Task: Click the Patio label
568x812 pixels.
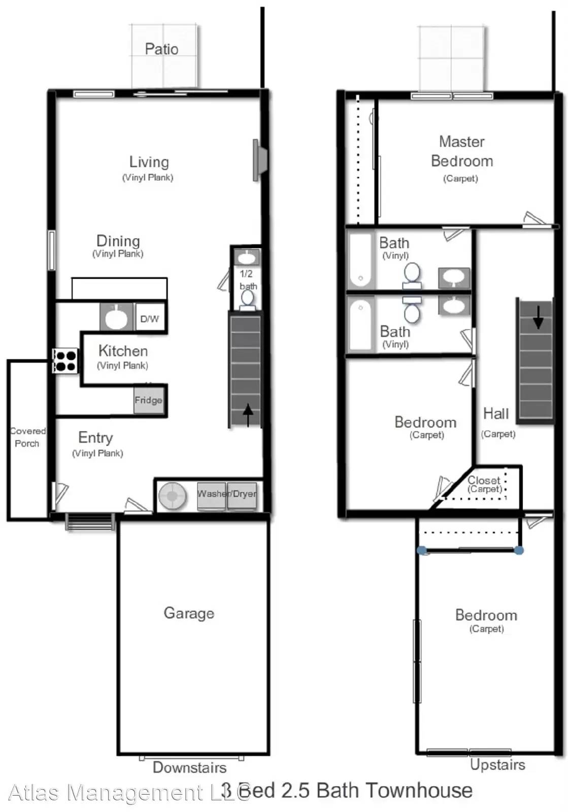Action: [161, 49]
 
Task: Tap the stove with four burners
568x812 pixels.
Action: [65, 361]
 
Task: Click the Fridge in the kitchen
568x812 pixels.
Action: [149, 400]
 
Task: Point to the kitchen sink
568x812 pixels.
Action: [117, 317]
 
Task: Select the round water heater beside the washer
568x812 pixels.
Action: [173, 495]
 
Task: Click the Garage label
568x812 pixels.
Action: [189, 613]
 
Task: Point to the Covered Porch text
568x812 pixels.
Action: [27, 437]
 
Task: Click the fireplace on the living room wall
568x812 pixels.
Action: [259, 160]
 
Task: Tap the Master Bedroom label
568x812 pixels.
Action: [461, 151]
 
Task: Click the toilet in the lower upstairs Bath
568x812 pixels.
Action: [412, 311]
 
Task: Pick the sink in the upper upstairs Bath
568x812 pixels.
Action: [454, 277]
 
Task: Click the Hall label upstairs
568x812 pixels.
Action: [496, 414]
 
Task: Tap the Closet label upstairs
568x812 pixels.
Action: [484, 480]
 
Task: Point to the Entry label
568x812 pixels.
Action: [95, 437]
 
